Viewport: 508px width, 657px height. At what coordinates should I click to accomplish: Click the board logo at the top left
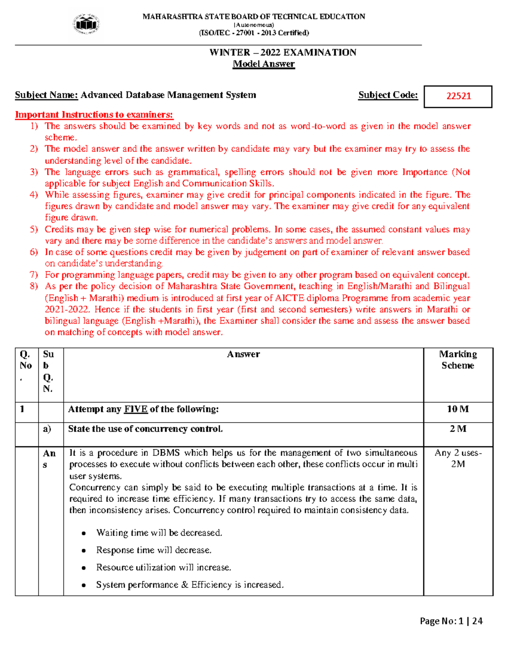click(x=86, y=24)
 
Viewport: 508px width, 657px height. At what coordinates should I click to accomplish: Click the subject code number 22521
click(x=458, y=96)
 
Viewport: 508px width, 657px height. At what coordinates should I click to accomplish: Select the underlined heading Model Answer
click(x=264, y=64)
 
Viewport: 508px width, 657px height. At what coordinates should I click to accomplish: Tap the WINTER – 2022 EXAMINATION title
click(x=283, y=52)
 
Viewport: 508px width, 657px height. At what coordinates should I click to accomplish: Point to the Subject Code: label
click(x=388, y=95)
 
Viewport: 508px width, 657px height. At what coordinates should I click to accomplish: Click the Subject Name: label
click(x=47, y=95)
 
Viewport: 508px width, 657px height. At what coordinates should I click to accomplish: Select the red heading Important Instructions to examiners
click(x=94, y=115)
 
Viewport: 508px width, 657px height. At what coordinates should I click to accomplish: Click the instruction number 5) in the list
click(x=34, y=229)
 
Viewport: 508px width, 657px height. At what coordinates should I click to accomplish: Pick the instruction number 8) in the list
click(x=34, y=286)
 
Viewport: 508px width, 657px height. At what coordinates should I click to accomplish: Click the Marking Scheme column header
click(x=458, y=360)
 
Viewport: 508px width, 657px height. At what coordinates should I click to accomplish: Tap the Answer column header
click(x=243, y=354)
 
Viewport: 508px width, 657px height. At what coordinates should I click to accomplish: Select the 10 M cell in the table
click(x=458, y=409)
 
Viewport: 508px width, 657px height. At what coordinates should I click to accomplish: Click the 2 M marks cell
click(x=458, y=429)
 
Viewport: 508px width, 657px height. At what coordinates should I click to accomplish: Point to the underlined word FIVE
click(x=135, y=409)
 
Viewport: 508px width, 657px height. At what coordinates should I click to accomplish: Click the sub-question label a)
click(x=47, y=429)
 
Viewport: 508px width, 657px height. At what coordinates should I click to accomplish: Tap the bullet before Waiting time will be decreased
click(x=84, y=533)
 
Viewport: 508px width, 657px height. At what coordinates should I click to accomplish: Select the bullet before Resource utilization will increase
click(x=84, y=568)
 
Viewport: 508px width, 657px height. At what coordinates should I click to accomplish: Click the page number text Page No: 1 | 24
click(x=451, y=621)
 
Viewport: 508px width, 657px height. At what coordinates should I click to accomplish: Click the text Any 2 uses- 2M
click(x=458, y=458)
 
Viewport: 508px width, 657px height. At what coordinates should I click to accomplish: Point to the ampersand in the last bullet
click(x=185, y=585)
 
